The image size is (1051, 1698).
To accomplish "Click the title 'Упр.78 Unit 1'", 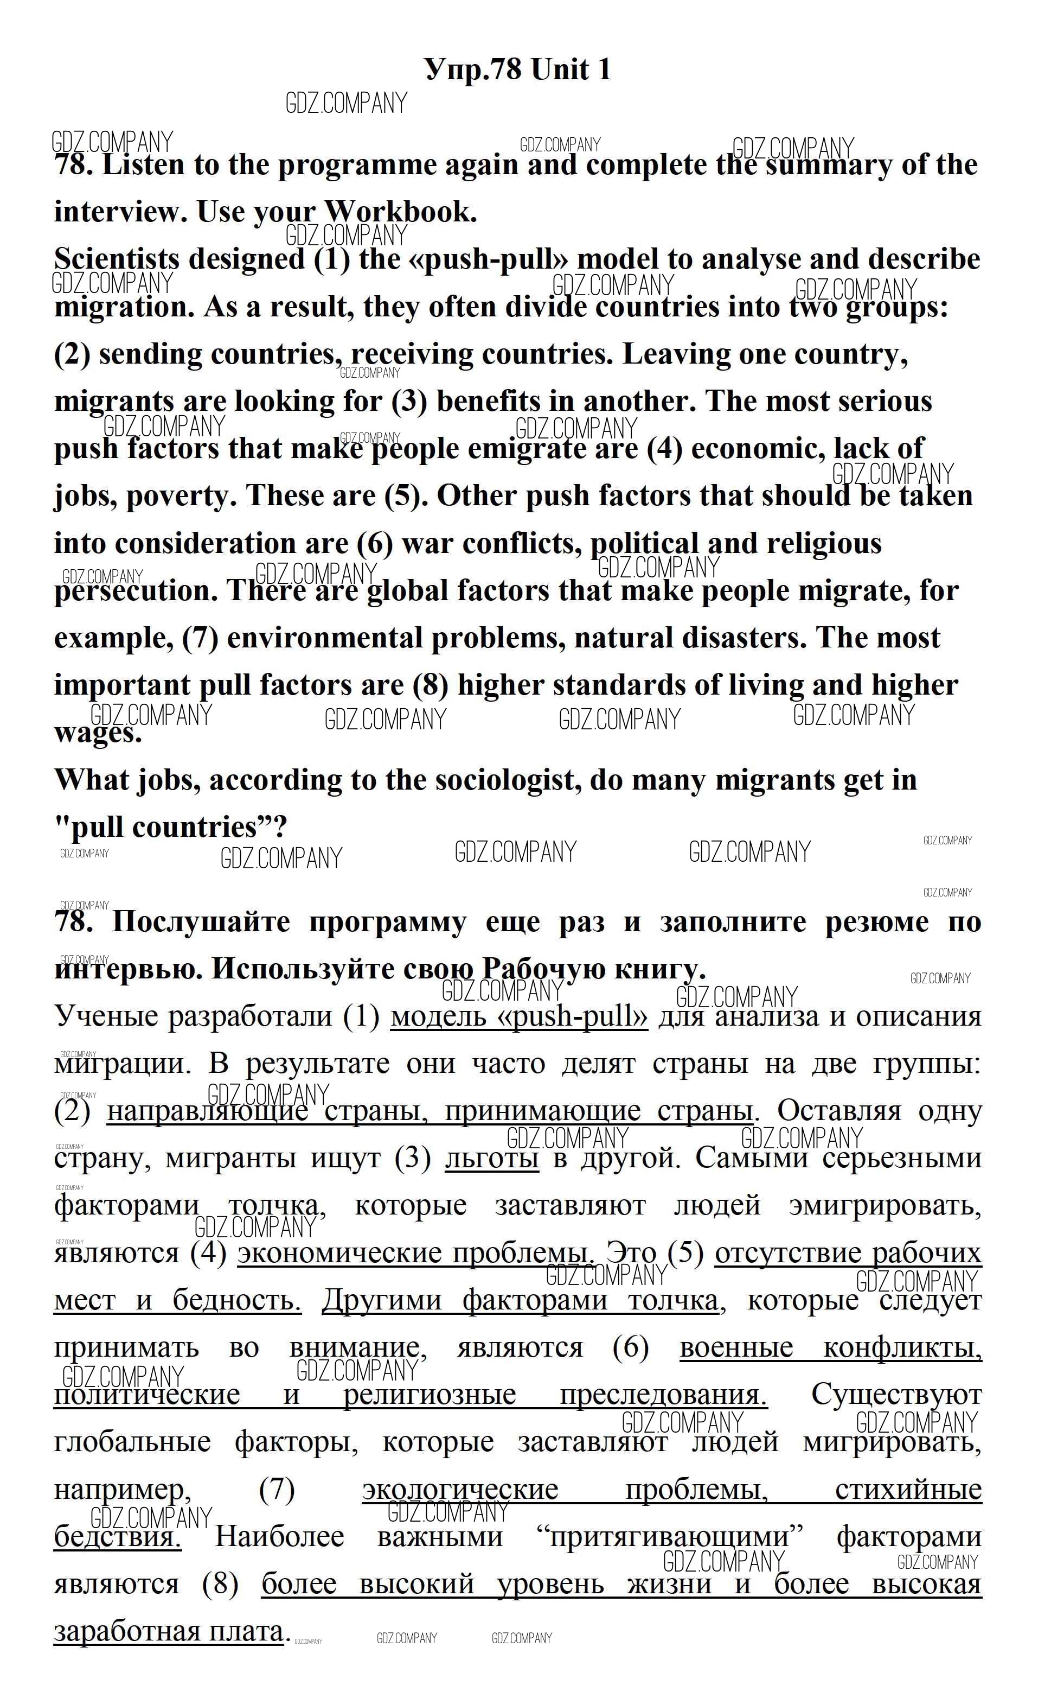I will (x=518, y=69).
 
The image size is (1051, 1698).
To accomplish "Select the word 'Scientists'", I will (x=117, y=259).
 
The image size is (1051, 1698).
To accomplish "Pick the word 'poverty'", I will (x=182, y=497).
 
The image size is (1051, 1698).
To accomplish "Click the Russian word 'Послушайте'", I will (x=201, y=922).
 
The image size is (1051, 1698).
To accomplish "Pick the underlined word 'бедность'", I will (x=236, y=1300).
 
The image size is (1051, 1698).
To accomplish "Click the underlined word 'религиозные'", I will (x=430, y=1394).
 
